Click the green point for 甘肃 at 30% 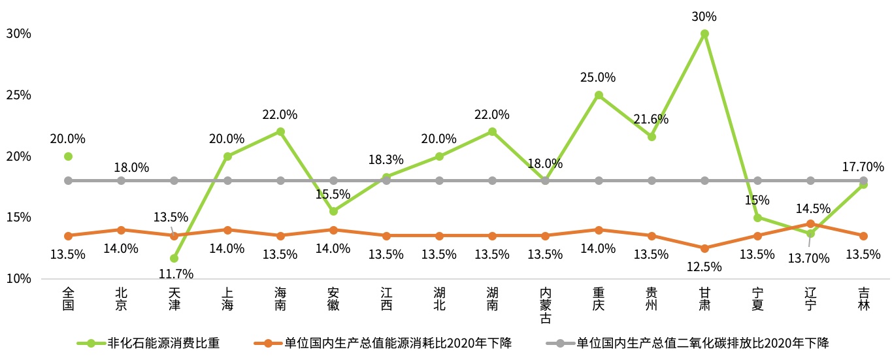[704, 33]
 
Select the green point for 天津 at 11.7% [174, 259]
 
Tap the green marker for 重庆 [599, 95]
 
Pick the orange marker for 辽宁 [810, 223]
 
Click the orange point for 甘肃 [704, 248]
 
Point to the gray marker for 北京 [121, 180]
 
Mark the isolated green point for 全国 [68, 156]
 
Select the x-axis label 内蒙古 [546, 304]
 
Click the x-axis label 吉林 [863, 299]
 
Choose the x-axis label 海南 [280, 299]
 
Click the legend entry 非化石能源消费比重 [163, 342]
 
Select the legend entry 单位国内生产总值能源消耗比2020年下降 [398, 342]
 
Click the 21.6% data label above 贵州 [651, 119]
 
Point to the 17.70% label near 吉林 [863, 167]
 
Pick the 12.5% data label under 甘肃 [704, 267]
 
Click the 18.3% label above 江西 [386, 159]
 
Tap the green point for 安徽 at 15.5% [333, 211]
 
